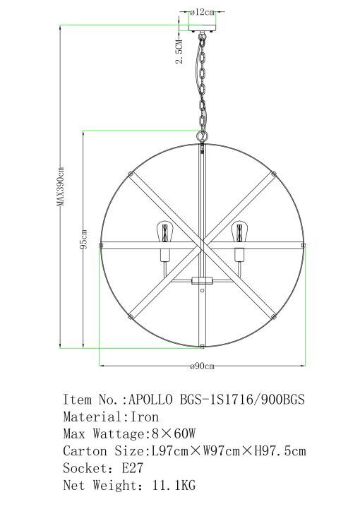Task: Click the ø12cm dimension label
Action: [203, 12]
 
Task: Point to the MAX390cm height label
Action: [61, 186]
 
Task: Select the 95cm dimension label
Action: [84, 239]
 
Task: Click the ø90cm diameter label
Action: [202, 366]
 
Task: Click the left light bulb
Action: [165, 232]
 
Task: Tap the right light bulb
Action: [239, 232]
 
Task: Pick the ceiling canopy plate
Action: [202, 28]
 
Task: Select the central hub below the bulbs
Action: [202, 280]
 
